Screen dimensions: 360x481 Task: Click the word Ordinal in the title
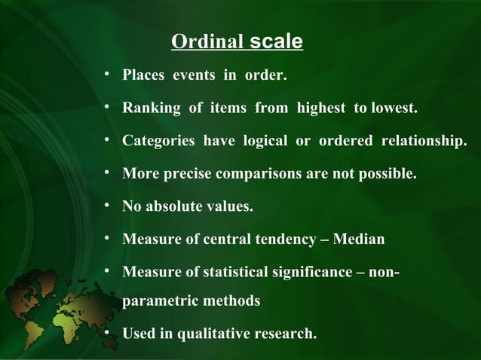pyautogui.click(x=206, y=41)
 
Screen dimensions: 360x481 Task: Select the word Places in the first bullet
pyautogui.click(x=145, y=77)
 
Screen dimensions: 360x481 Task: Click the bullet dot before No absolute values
pyautogui.click(x=109, y=206)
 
